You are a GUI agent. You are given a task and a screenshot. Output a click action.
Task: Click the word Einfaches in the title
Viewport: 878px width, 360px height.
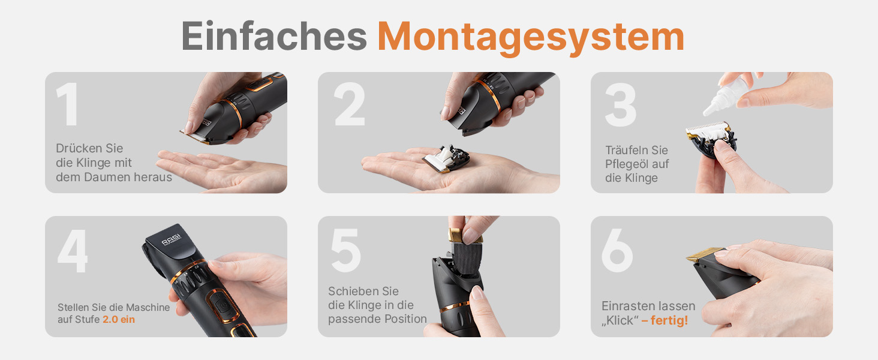pyautogui.click(x=274, y=36)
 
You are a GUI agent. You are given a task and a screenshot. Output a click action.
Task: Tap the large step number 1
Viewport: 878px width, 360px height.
pyautogui.click(x=67, y=104)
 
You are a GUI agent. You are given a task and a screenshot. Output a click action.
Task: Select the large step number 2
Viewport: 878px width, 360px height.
pyautogui.click(x=350, y=104)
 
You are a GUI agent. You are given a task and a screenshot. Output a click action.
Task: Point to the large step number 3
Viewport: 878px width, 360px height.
pyautogui.click(x=621, y=105)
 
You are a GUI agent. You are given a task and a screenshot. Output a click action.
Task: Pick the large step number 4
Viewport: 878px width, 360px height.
pyautogui.click(x=73, y=251)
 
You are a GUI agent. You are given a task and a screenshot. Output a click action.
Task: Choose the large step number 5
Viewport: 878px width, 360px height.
pyautogui.click(x=345, y=250)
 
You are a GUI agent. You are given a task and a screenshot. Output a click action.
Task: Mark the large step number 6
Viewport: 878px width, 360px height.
pyautogui.click(x=617, y=250)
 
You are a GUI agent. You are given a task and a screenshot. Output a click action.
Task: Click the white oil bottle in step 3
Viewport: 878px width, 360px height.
pyautogui.click(x=725, y=94)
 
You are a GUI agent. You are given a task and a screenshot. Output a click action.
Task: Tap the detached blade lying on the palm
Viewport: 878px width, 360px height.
pyautogui.click(x=447, y=158)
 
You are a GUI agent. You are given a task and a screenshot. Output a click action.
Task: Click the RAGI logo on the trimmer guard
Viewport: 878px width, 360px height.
pyautogui.click(x=172, y=240)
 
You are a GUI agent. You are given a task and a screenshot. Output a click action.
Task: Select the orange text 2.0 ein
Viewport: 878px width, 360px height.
pyautogui.click(x=119, y=320)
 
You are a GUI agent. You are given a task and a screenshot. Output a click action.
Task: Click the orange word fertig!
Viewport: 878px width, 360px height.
pyautogui.click(x=669, y=320)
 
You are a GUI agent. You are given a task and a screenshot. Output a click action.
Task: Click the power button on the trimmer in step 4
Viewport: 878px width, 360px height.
pyautogui.click(x=222, y=305)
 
